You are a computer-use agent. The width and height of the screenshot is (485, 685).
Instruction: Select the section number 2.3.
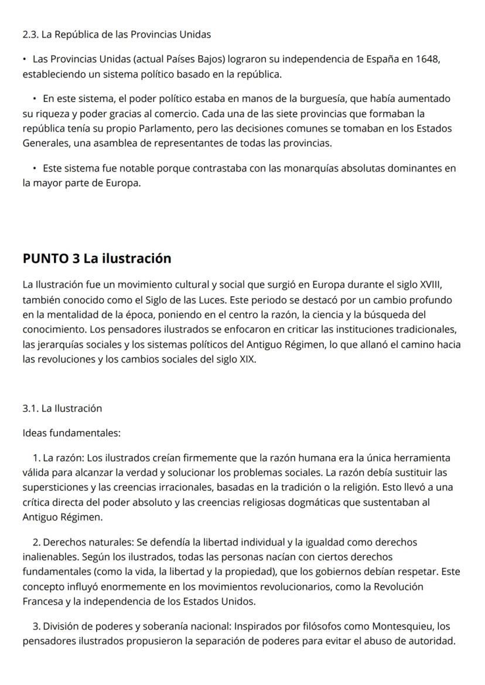coord(30,35)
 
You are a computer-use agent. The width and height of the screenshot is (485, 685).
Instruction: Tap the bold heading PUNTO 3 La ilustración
coord(97,258)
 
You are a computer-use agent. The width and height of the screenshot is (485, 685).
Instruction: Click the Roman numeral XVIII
coord(429,285)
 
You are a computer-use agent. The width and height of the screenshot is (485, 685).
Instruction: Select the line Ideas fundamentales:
coord(71,433)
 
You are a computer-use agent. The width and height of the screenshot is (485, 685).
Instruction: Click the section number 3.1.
coord(30,408)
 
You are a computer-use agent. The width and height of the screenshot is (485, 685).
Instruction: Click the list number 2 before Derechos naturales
coord(36,543)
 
